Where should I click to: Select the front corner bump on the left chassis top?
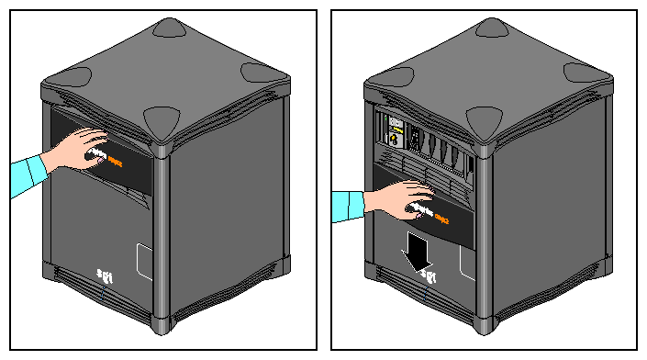(x=162, y=118)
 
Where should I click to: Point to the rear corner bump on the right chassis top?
(x=493, y=28)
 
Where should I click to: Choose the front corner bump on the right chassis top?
(x=485, y=118)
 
